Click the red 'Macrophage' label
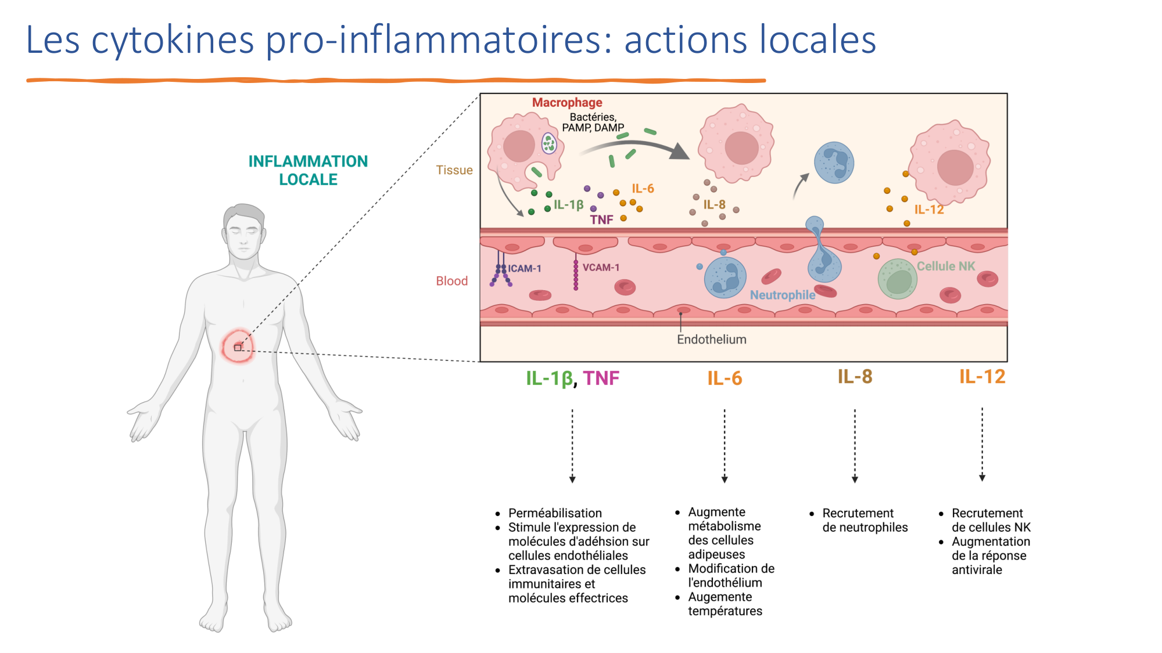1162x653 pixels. pyautogui.click(x=567, y=103)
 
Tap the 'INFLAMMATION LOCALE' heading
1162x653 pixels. pyautogui.click(x=308, y=170)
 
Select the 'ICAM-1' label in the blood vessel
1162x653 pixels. pyautogui.click(x=525, y=269)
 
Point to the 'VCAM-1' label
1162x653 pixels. pyautogui.click(x=601, y=268)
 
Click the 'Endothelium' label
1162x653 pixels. pyautogui.click(x=711, y=340)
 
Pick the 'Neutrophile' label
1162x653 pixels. pyautogui.click(x=782, y=295)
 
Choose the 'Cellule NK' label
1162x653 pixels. pyautogui.click(x=946, y=266)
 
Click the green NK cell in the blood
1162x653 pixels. pyautogui.click(x=898, y=279)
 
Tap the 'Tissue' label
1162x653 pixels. pyautogui.click(x=454, y=170)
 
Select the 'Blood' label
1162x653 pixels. pyautogui.click(x=451, y=281)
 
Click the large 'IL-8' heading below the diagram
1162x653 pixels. pyautogui.click(x=855, y=377)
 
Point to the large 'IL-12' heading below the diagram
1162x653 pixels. pyautogui.click(x=982, y=377)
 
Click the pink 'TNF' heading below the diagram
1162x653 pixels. pyautogui.click(x=601, y=378)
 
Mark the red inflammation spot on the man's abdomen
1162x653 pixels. pyautogui.click(x=238, y=347)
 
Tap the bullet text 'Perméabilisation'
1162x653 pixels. pyautogui.click(x=555, y=513)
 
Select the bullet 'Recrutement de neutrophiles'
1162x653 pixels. pyautogui.click(x=865, y=520)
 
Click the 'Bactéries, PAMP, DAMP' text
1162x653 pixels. pyautogui.click(x=593, y=122)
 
